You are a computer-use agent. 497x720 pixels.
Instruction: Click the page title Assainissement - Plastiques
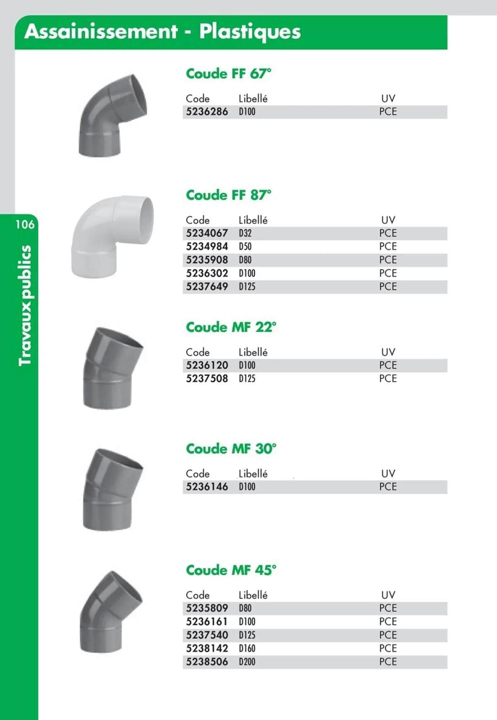pyautogui.click(x=162, y=32)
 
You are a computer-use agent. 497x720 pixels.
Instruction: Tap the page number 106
pyautogui.click(x=25, y=225)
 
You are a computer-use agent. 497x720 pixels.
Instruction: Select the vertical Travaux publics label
pyautogui.click(x=25, y=305)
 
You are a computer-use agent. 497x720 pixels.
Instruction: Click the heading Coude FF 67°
pyautogui.click(x=228, y=74)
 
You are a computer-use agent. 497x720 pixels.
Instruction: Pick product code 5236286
pyautogui.click(x=207, y=112)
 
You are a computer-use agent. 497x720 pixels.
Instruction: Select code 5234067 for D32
pyautogui.click(x=207, y=233)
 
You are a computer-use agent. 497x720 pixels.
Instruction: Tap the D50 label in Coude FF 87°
pyautogui.click(x=245, y=247)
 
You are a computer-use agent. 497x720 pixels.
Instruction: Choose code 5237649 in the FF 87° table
pyautogui.click(x=207, y=287)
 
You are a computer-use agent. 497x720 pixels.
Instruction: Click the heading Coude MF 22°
pyautogui.click(x=231, y=327)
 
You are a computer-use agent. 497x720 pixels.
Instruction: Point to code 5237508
pyautogui.click(x=207, y=379)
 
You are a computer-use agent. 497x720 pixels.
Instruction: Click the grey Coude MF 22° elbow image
pyautogui.click(x=112, y=368)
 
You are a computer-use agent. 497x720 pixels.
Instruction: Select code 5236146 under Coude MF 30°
pyautogui.click(x=207, y=487)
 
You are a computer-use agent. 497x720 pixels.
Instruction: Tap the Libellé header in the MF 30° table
pyautogui.click(x=253, y=474)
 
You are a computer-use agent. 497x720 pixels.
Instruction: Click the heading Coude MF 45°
pyautogui.click(x=231, y=570)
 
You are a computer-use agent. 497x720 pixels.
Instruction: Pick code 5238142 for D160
pyautogui.click(x=207, y=648)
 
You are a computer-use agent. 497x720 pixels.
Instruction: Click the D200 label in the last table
pyautogui.click(x=247, y=662)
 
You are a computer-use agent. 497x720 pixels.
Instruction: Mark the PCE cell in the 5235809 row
pyautogui.click(x=388, y=608)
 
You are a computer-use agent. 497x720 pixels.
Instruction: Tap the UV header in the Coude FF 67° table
pyautogui.click(x=388, y=99)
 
